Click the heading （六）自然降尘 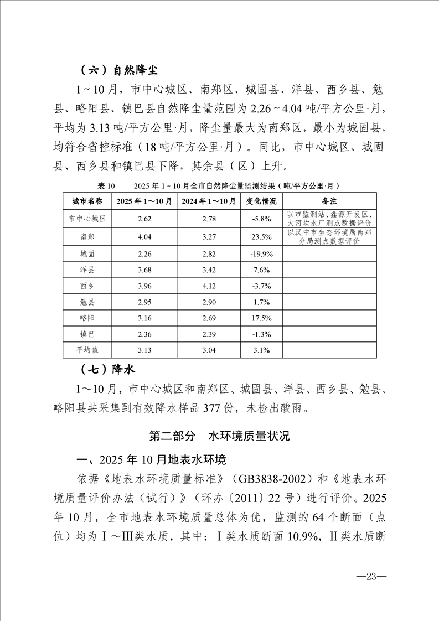tap(118, 70)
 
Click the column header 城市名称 tap(87, 200)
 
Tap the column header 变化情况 tap(261, 200)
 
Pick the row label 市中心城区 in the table tap(87, 218)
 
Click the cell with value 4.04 tap(144, 236)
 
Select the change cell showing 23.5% tap(261, 236)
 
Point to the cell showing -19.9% tap(261, 255)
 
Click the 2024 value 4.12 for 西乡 tap(209, 286)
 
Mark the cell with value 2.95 tap(144, 302)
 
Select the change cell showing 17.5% tap(261, 318)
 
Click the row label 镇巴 tap(87, 334)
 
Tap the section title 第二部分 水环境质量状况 tap(220, 436)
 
